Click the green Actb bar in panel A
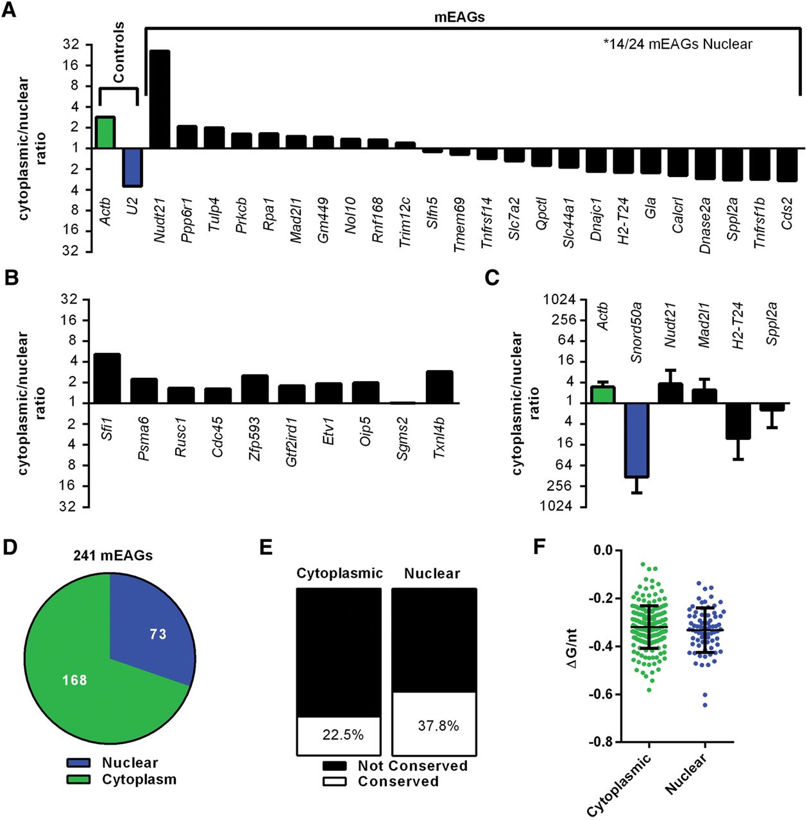106,132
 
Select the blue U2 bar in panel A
133,167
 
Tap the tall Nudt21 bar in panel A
160,99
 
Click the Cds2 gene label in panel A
787,213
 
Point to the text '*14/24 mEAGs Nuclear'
677,44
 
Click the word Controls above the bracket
119,53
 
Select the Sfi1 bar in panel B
107,378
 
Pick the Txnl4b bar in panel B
439,387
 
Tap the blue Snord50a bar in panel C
637,440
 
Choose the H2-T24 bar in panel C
738,421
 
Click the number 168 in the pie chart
75,680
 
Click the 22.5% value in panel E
343,735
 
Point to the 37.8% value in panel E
438,726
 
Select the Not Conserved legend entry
412,766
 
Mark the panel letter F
541,546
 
